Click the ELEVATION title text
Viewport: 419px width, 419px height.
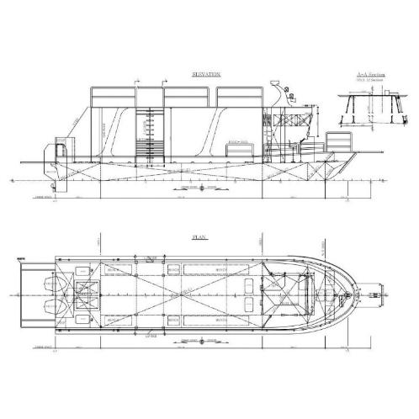[205, 75]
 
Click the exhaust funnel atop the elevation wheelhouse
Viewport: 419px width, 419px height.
[275, 86]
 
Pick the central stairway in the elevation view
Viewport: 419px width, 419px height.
[151, 135]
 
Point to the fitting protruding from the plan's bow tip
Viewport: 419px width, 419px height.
[369, 294]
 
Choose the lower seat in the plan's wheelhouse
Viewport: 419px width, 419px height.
[252, 304]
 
